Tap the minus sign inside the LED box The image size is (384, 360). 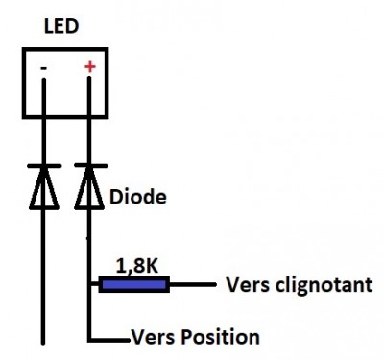click(44, 70)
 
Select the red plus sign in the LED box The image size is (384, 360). click(90, 68)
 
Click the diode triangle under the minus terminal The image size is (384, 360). click(44, 188)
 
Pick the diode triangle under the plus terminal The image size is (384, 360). click(90, 188)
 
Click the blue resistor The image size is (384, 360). click(133, 283)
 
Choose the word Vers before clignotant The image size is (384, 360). click(244, 285)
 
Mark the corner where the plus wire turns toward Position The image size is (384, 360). click(90, 338)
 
